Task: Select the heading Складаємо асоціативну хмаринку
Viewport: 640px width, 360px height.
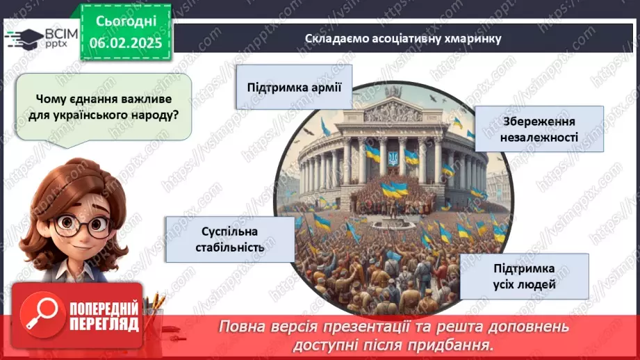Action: tap(402, 39)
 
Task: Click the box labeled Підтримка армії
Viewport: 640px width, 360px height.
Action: tap(293, 87)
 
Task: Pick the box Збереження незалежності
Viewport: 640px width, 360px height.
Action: tap(539, 129)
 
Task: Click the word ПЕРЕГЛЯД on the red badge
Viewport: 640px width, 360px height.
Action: tap(104, 324)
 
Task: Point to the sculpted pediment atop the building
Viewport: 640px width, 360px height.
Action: tap(393, 111)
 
